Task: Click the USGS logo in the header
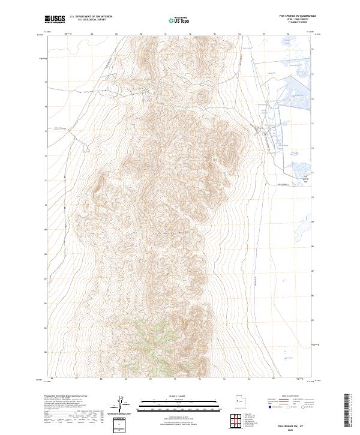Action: coord(56,19)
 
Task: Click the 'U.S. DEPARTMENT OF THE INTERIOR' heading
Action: coord(91,17)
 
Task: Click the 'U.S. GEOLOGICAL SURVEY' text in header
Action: coord(91,20)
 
